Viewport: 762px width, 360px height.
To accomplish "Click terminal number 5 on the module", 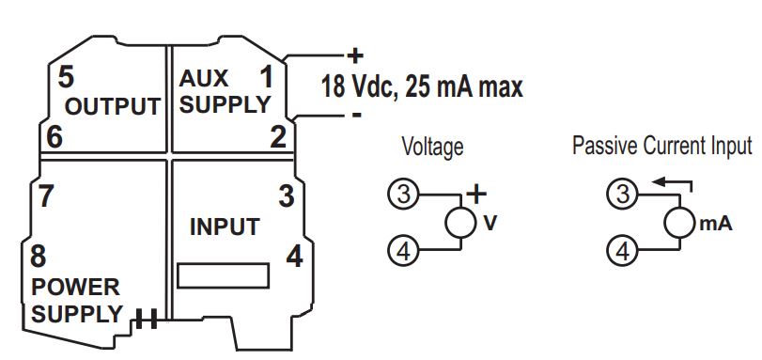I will [65, 75].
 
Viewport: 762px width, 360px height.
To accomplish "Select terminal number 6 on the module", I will [54, 137].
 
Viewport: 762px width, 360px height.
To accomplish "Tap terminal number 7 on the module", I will [43, 196].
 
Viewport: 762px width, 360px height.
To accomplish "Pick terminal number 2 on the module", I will [277, 137].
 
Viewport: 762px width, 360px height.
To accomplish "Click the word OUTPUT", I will [112, 107].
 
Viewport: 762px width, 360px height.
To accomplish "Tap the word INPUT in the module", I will [225, 227].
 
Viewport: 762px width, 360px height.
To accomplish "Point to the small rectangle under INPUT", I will [224, 275].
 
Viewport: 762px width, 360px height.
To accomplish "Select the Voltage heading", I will [432, 147].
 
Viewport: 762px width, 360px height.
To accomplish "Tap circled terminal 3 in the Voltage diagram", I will [402, 195].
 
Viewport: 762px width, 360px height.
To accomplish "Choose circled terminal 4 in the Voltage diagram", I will [402, 250].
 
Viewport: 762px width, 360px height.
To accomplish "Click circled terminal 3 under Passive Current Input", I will [621, 195].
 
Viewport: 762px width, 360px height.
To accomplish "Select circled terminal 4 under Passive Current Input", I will [621, 250].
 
